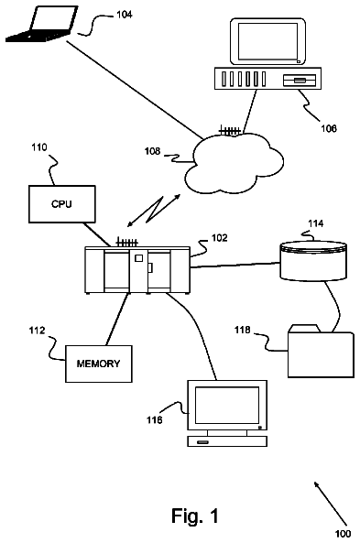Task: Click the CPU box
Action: (x=62, y=203)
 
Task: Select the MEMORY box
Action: (x=99, y=364)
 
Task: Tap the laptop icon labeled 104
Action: (x=41, y=24)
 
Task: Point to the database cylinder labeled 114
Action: (x=313, y=260)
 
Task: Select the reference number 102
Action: (x=219, y=238)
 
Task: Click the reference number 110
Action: (x=39, y=147)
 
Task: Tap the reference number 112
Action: (x=37, y=331)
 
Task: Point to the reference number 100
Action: (x=343, y=534)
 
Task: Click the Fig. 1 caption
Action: (x=195, y=516)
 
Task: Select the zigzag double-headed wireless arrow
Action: (x=154, y=211)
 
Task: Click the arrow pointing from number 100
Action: (x=330, y=504)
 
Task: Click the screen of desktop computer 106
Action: (x=267, y=41)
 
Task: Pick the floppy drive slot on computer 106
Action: (x=300, y=81)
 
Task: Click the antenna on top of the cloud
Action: (x=229, y=131)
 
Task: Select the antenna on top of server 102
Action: (x=127, y=242)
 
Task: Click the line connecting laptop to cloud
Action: (x=134, y=89)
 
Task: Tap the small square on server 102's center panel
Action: (x=138, y=258)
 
